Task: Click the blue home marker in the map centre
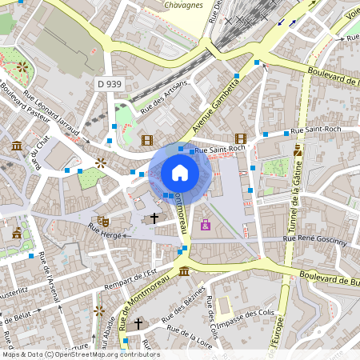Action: [180, 173]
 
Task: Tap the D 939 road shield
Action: [110, 83]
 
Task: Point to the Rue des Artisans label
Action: [164, 97]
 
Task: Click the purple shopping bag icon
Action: [206, 225]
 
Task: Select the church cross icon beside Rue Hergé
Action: [154, 217]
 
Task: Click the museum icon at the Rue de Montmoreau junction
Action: [184, 271]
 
